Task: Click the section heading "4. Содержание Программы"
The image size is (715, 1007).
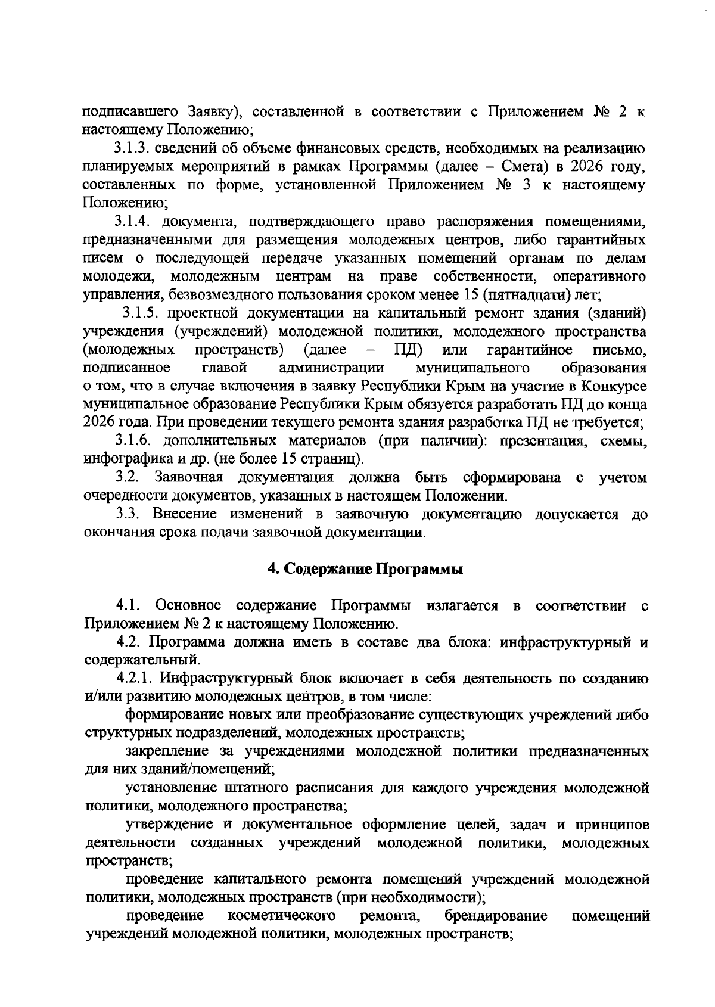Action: [x=365, y=568]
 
